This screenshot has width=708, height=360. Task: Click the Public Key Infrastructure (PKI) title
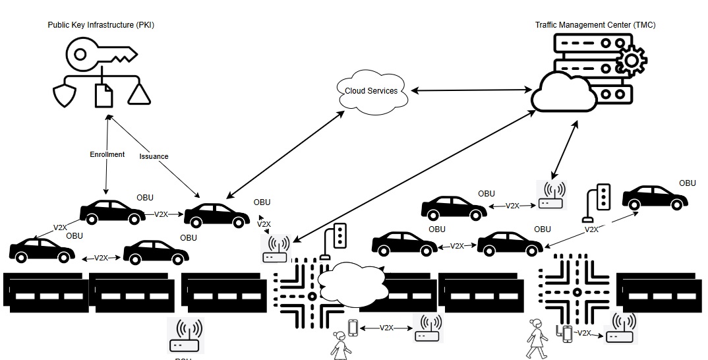pos(100,25)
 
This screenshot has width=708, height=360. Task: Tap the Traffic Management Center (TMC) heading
pos(595,25)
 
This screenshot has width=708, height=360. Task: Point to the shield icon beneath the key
pos(64,95)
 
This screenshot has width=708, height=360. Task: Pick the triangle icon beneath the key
pos(139,94)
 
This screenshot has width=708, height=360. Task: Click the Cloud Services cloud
pos(372,90)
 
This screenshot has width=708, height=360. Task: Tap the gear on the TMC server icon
pos(632,60)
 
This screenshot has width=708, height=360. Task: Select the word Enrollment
pos(107,154)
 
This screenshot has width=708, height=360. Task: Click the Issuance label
pos(154,156)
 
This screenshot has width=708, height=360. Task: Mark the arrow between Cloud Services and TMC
pos(471,88)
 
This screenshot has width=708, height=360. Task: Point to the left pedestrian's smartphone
pos(353,327)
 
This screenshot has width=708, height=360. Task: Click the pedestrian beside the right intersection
pos(537,338)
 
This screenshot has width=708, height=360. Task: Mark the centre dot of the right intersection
pos(575,291)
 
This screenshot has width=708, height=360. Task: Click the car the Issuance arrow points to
pos(217,214)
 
